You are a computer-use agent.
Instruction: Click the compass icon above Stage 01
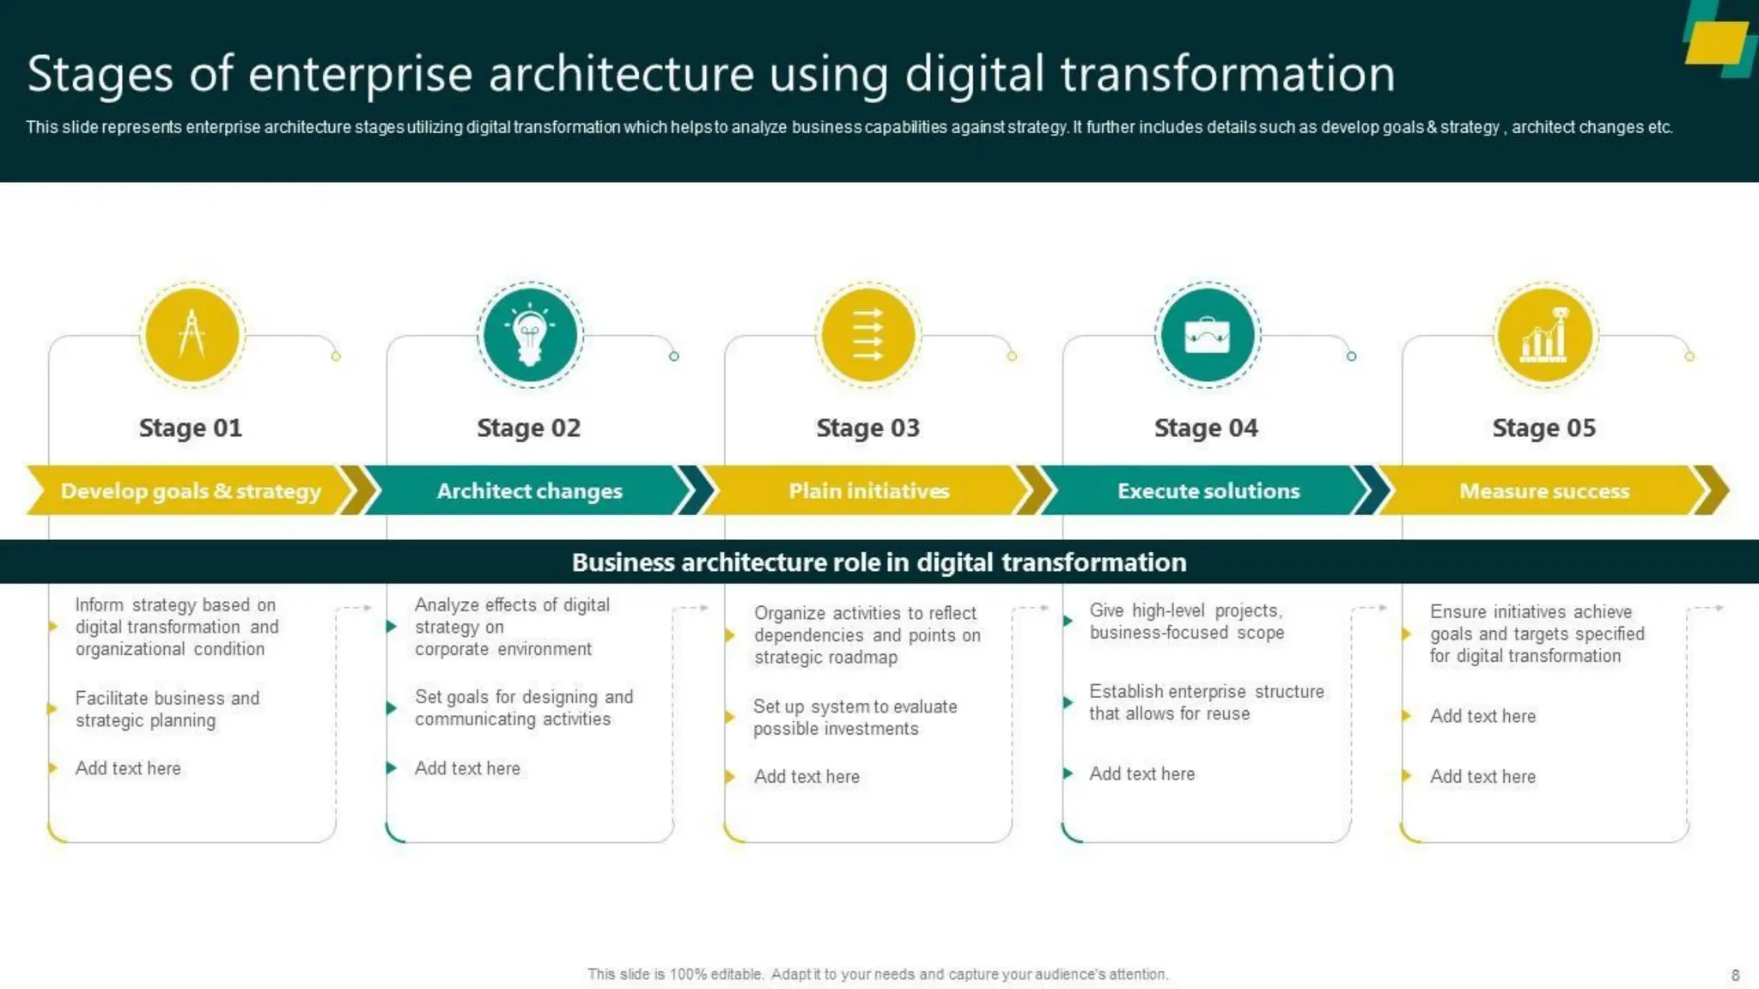pyautogui.click(x=192, y=335)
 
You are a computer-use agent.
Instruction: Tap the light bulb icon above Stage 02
pyautogui.click(x=530, y=335)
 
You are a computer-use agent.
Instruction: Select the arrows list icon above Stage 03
pyautogui.click(x=867, y=335)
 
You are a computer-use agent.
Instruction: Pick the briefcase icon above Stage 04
pyautogui.click(x=1207, y=335)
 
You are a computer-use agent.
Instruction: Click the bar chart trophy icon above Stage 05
pyautogui.click(x=1545, y=335)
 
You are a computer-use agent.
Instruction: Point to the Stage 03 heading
pyautogui.click(x=867, y=428)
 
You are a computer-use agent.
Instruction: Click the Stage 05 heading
pyautogui.click(x=1543, y=428)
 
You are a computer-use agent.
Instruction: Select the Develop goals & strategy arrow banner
pyautogui.click(x=191, y=491)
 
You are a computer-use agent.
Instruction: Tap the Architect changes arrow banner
pyautogui.click(x=529, y=491)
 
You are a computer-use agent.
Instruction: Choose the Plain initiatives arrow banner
pyautogui.click(x=868, y=491)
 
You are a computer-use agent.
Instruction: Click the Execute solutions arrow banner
pyautogui.click(x=1208, y=491)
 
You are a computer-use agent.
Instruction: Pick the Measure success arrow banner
pyautogui.click(x=1543, y=491)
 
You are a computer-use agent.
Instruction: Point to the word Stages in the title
pyautogui.click(x=100, y=74)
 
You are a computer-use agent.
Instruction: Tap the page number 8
pyautogui.click(x=1735, y=975)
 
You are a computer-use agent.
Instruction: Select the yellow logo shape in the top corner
pyautogui.click(x=1716, y=42)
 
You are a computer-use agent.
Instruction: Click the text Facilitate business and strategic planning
pyautogui.click(x=167, y=709)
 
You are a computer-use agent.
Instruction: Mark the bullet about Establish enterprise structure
pyautogui.click(x=1206, y=702)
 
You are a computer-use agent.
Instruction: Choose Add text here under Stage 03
pyautogui.click(x=806, y=777)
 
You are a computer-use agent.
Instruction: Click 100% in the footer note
pyautogui.click(x=688, y=974)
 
